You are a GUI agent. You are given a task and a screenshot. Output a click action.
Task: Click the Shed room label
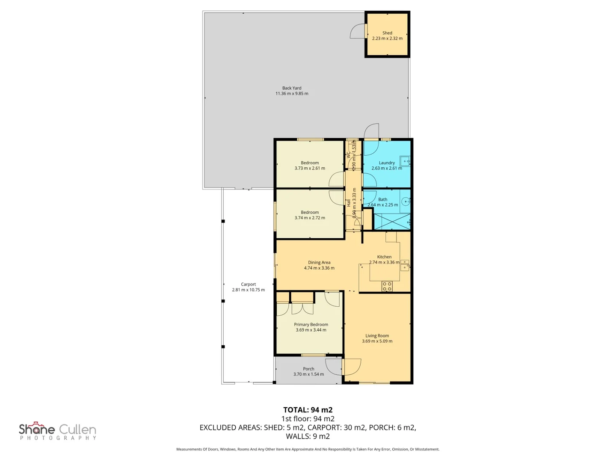click(387, 33)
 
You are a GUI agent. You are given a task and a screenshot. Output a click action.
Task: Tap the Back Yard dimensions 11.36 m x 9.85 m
click(292, 94)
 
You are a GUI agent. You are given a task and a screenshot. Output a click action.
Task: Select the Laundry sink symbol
click(405, 161)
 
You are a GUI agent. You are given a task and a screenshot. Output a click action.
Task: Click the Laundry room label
click(387, 163)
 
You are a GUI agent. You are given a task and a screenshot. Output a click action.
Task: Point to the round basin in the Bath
click(406, 202)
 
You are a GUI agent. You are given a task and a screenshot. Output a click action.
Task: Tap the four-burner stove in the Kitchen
click(387, 287)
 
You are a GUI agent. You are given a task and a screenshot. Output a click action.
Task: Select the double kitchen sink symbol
click(404, 265)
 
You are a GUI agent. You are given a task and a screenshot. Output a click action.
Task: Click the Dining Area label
click(319, 263)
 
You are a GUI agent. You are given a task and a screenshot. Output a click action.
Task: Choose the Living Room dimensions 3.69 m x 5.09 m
click(377, 341)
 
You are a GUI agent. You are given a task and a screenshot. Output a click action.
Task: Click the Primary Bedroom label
click(311, 325)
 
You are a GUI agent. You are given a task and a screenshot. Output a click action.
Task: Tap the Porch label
click(308, 369)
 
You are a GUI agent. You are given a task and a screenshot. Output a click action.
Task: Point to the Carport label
click(248, 284)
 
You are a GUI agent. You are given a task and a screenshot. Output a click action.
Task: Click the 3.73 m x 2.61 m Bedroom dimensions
click(310, 169)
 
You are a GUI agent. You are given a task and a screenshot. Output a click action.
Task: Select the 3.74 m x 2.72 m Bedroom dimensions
click(310, 218)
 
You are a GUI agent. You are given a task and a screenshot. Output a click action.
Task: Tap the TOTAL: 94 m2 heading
click(308, 410)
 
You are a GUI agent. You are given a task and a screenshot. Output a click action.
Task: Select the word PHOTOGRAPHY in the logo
click(58, 438)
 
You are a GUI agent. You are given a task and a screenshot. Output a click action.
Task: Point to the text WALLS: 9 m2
click(308, 436)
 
